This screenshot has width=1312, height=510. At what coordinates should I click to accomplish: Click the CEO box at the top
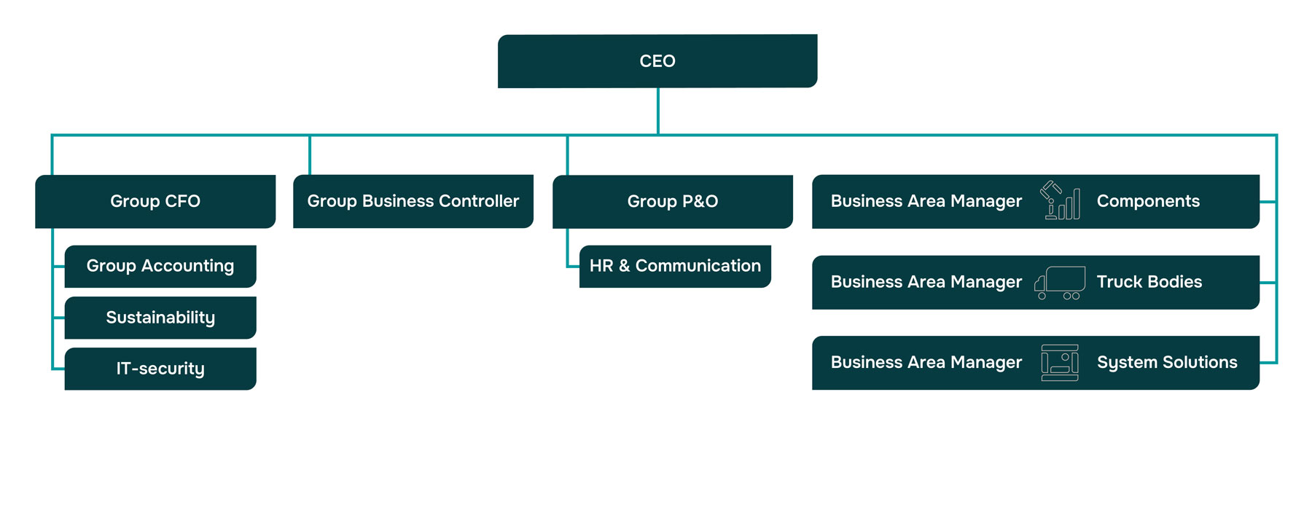657,61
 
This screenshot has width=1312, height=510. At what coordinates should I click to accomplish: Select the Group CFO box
155,201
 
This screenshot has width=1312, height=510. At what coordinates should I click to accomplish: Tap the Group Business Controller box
413,201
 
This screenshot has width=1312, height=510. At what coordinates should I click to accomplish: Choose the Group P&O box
672,201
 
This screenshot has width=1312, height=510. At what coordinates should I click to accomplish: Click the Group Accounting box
160,266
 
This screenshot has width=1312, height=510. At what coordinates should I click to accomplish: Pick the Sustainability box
160,318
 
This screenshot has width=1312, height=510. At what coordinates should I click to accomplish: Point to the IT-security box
160,369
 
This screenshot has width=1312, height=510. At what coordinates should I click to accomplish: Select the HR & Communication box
675,266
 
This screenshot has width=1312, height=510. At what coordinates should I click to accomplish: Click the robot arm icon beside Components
1059,200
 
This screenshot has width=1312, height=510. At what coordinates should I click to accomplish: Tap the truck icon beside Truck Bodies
1060,283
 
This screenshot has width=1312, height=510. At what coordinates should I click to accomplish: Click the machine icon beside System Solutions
1060,363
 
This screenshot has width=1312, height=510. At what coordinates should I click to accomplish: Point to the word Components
1148,201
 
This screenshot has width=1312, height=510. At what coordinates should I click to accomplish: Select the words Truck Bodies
1149,282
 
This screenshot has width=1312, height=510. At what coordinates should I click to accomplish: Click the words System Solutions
1167,362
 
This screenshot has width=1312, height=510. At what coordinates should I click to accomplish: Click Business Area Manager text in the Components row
926,201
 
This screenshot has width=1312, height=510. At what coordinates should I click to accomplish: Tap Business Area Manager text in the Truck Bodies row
926,282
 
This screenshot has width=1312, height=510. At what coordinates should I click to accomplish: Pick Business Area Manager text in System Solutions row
926,362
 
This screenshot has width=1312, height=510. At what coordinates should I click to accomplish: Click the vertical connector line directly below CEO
658,111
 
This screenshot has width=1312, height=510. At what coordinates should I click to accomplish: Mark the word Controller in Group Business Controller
478,201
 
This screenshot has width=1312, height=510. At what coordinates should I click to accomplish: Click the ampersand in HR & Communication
624,266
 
